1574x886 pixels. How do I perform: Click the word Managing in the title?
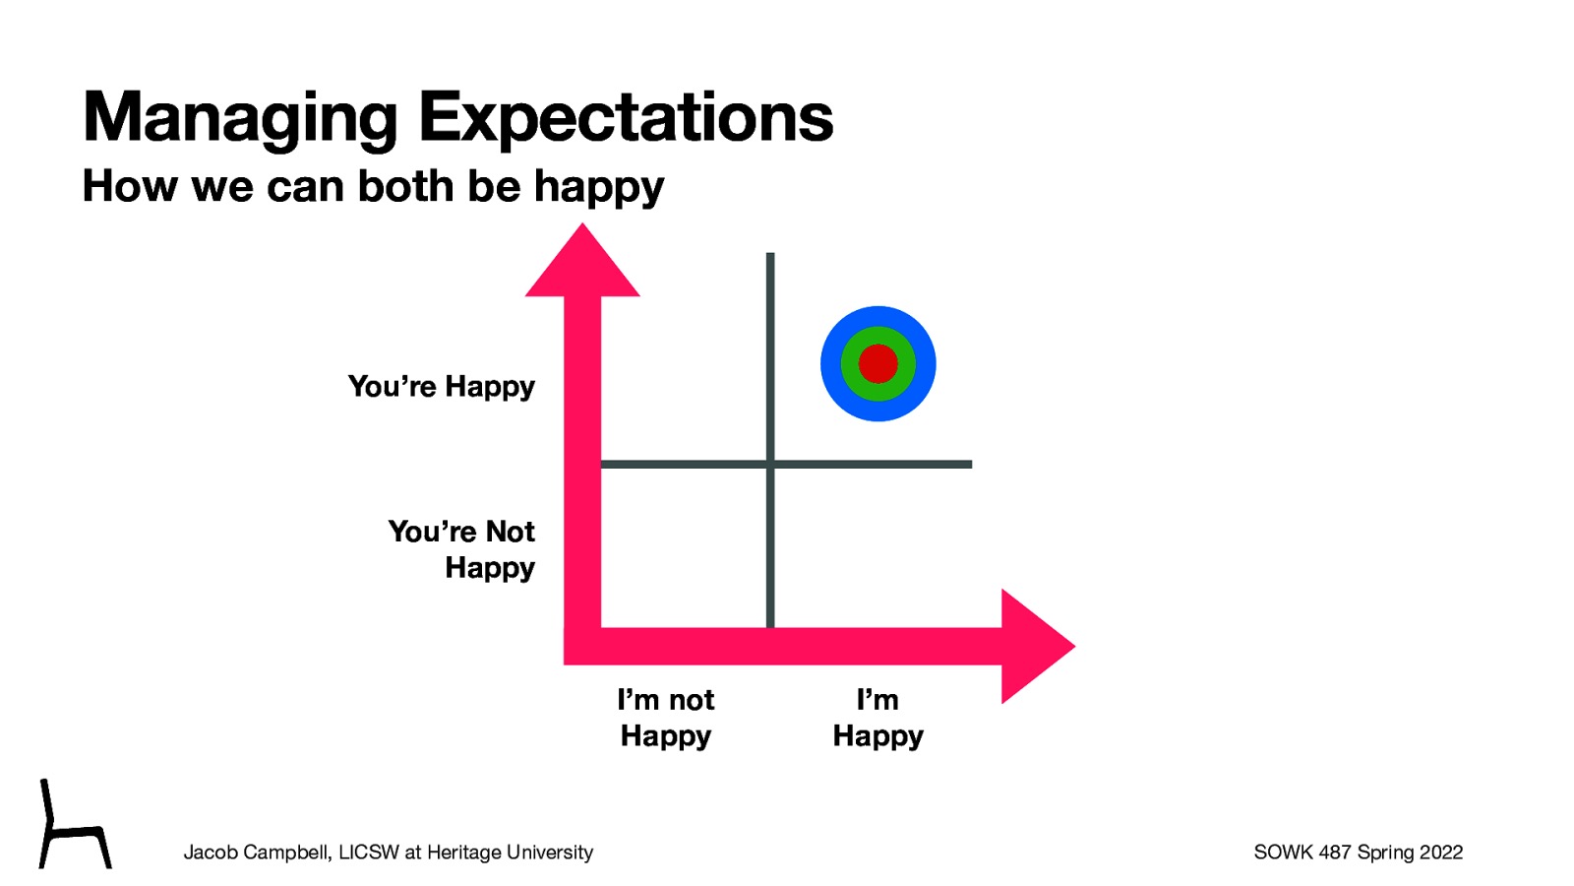239,118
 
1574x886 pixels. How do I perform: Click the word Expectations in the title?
626,118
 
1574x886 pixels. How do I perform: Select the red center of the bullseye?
878,364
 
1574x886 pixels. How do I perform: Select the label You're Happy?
441,387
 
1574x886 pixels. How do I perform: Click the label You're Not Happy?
461,549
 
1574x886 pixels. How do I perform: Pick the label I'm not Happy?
665,718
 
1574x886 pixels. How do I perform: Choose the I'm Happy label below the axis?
878,718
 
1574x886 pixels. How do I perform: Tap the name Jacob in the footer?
211,853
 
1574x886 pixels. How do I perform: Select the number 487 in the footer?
1335,853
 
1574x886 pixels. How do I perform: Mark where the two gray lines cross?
770,464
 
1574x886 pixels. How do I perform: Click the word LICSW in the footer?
369,853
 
